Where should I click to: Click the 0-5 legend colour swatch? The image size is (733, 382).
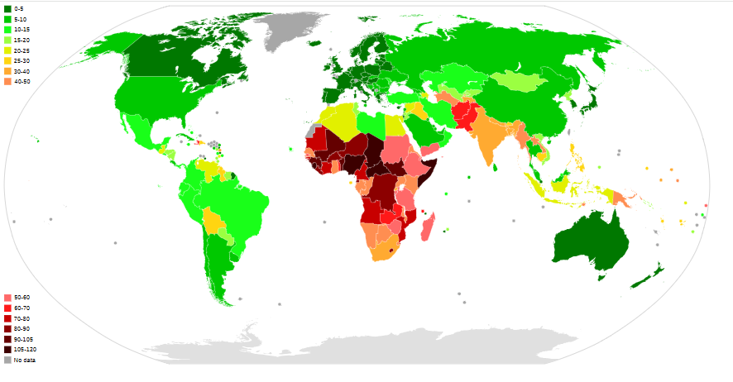pyautogui.click(x=7, y=8)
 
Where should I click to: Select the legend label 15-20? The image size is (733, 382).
pyautogui.click(x=23, y=40)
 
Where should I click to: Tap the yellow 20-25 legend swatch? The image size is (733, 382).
pyautogui.click(x=7, y=50)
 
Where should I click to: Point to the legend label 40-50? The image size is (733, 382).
pyautogui.click(x=23, y=82)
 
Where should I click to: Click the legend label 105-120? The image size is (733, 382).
pyautogui.click(x=26, y=350)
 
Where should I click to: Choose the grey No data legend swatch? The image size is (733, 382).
pyautogui.click(x=7, y=360)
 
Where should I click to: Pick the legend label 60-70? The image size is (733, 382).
pyautogui.click(x=22, y=308)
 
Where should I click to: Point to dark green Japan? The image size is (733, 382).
pyautogui.click(x=592, y=104)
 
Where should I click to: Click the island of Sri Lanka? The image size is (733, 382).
pyautogui.click(x=495, y=167)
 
